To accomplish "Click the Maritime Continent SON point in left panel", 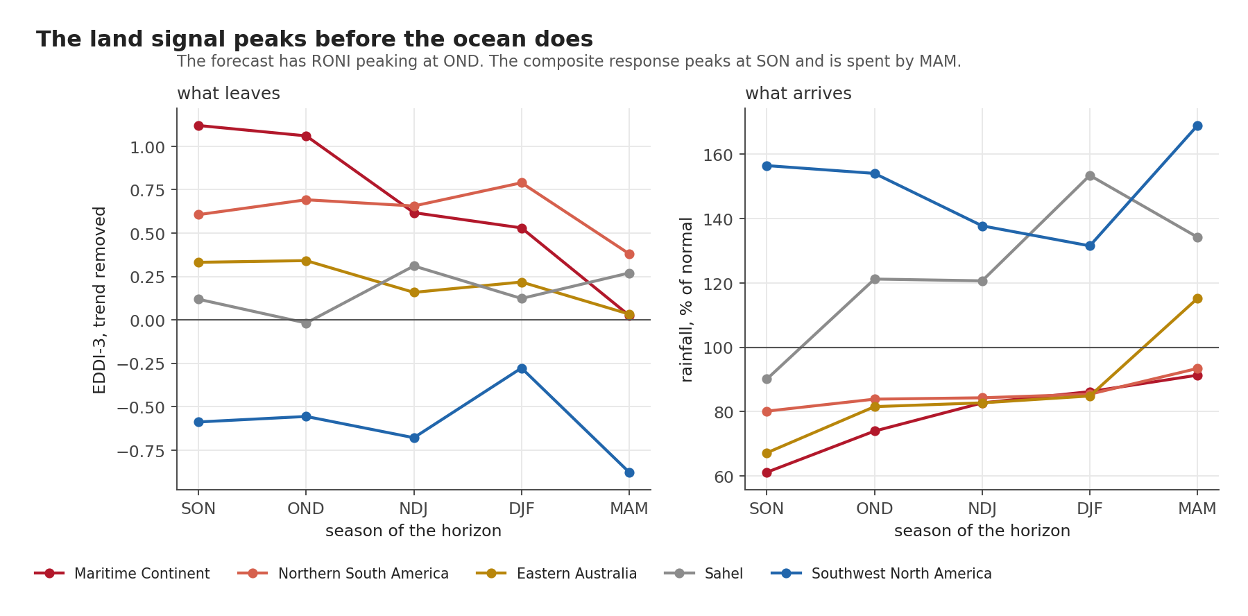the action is (x=198, y=126).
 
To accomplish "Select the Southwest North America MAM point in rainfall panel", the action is (x=1197, y=126).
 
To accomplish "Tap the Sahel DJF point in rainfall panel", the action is (x=1090, y=176).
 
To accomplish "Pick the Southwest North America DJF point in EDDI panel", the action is (x=522, y=368).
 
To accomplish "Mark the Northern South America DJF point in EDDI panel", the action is (x=522, y=183).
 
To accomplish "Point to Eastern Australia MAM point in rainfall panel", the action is (x=1197, y=298).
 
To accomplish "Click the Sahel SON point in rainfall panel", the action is (x=767, y=379).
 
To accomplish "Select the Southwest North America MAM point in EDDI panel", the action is (x=629, y=472).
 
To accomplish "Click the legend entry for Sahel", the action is (x=703, y=574).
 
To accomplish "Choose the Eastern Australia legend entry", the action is (x=556, y=574).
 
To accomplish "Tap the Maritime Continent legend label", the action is (x=142, y=574).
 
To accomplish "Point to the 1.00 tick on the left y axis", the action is (x=147, y=147).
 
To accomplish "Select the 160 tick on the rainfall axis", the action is (x=718, y=155).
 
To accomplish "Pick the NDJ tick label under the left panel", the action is (x=413, y=508).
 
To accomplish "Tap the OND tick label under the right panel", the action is (x=874, y=508).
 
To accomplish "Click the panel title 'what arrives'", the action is (x=798, y=94).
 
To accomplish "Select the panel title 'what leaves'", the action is (x=228, y=94).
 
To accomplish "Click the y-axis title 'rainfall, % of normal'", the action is (x=687, y=299).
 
